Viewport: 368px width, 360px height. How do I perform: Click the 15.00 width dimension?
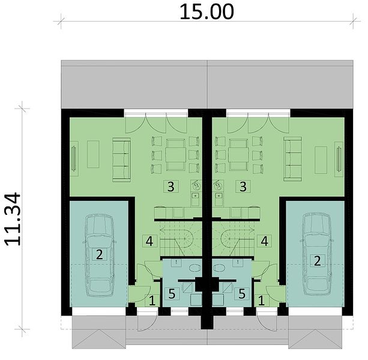point(207,12)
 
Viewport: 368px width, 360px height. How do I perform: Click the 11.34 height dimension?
point(13,219)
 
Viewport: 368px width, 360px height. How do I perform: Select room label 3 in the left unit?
point(171,187)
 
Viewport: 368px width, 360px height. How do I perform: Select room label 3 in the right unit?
point(243,187)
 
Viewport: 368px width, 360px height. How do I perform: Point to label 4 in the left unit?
point(149,241)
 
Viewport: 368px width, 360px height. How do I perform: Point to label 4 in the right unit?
point(265,241)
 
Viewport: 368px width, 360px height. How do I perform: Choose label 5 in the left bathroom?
point(172,293)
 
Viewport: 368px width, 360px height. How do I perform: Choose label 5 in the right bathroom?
point(242,293)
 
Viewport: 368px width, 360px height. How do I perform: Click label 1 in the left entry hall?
point(152,301)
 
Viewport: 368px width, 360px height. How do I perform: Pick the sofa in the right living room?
point(293,159)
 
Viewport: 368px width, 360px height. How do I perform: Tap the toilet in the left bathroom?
point(195,268)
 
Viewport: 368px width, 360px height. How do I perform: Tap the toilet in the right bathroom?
point(219,268)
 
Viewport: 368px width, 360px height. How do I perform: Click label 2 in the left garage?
point(99,254)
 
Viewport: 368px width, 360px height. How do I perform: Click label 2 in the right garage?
point(317,261)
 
